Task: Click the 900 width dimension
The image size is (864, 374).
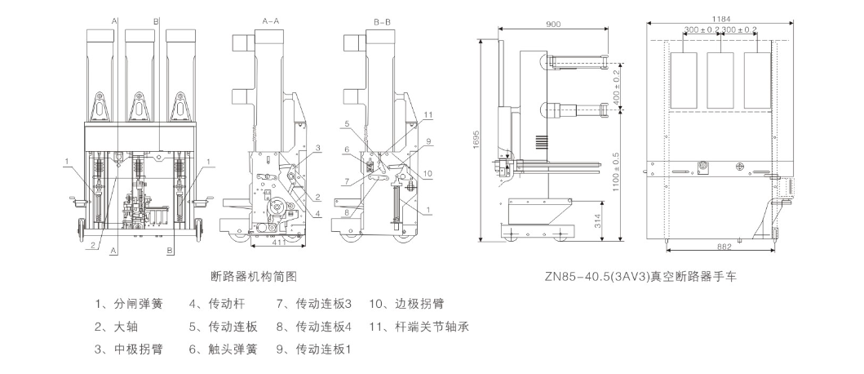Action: coord(552,25)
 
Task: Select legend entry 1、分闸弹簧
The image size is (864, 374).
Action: coord(128,305)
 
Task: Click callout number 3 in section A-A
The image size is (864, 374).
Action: coord(319,148)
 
